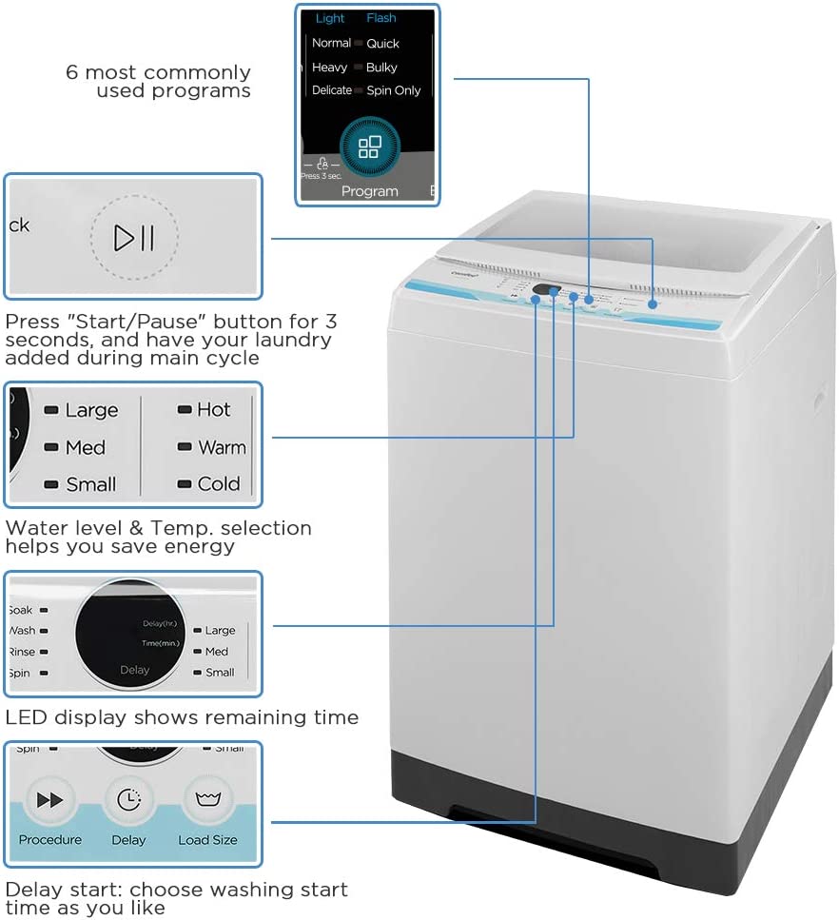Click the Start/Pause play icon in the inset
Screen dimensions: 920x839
tap(134, 237)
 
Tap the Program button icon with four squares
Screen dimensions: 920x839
tap(369, 147)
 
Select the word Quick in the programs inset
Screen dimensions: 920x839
tap(383, 43)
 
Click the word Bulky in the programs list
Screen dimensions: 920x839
tap(381, 68)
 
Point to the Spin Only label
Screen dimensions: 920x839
tap(394, 90)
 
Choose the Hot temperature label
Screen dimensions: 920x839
tap(214, 409)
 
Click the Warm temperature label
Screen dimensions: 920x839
tap(222, 447)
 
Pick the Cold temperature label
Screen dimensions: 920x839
tap(219, 484)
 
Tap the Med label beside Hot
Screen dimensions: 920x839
tap(86, 447)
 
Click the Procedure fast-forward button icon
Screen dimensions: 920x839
tap(49, 800)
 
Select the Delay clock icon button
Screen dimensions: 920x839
tap(128, 800)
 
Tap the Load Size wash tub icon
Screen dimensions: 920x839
tap(207, 800)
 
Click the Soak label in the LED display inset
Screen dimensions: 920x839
tap(20, 610)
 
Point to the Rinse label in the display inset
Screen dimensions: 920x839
tap(22, 652)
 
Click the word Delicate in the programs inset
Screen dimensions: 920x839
tap(332, 90)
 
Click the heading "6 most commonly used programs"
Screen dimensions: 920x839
tap(158, 82)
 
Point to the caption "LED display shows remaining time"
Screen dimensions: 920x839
tap(182, 717)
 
